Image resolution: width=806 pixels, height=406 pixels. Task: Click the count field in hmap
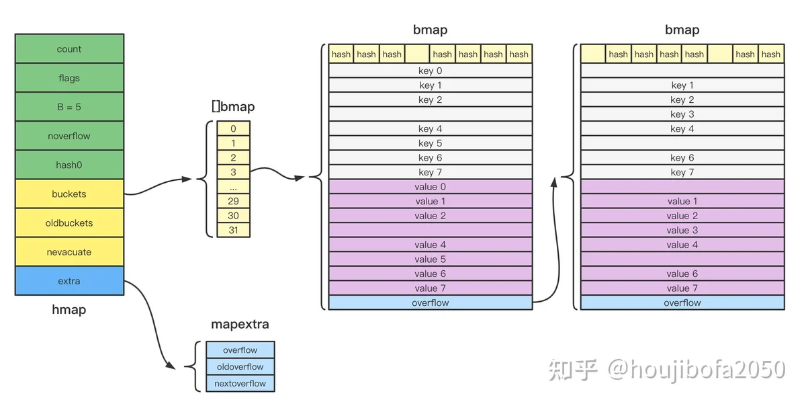pyautogui.click(x=69, y=49)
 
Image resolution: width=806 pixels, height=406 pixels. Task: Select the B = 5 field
pyautogui.click(x=69, y=107)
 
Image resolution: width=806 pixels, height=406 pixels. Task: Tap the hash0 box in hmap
pyautogui.click(x=69, y=165)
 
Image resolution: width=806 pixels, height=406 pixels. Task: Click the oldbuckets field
pyautogui.click(x=69, y=222)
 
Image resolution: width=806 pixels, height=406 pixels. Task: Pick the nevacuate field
pyautogui.click(x=69, y=252)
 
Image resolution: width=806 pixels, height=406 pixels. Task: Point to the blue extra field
pyautogui.click(x=69, y=281)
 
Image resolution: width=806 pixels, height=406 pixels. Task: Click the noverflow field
pyautogui.click(x=69, y=136)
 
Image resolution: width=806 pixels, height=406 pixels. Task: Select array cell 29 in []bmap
pyautogui.click(x=233, y=201)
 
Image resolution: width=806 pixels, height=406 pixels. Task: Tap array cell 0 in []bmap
pyautogui.click(x=233, y=128)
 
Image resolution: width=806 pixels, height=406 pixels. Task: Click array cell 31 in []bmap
pyautogui.click(x=233, y=230)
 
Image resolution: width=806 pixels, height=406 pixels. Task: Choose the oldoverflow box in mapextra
pyautogui.click(x=240, y=367)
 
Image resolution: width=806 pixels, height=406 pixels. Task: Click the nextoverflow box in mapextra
pyautogui.click(x=240, y=384)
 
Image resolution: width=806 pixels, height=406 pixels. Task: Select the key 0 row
pyautogui.click(x=430, y=71)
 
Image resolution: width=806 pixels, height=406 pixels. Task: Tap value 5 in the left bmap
pyautogui.click(x=430, y=259)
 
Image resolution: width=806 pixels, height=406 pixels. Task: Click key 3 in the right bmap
pyautogui.click(x=682, y=114)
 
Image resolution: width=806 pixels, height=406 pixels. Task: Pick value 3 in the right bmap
pyautogui.click(x=682, y=231)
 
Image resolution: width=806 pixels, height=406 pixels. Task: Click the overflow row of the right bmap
pyautogui.click(x=682, y=302)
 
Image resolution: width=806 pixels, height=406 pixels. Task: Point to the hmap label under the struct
pyautogui.click(x=69, y=310)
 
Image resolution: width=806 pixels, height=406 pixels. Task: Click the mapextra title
pyautogui.click(x=240, y=325)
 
